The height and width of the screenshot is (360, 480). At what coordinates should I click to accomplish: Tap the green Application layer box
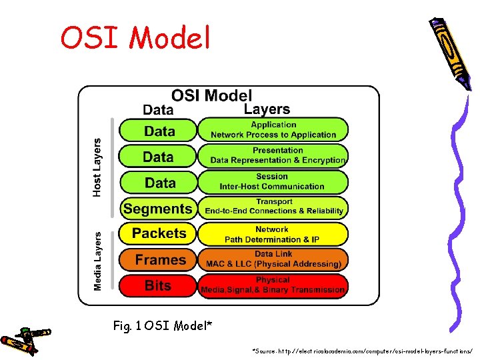[x=273, y=129]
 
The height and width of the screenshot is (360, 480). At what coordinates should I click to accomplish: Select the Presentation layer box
[x=273, y=155]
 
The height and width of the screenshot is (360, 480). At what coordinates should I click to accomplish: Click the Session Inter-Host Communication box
[x=273, y=181]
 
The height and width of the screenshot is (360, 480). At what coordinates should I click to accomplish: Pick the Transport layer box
[x=273, y=207]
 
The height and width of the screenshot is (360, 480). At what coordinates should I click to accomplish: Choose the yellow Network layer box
[x=273, y=234]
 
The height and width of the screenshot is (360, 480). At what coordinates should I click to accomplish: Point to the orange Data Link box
[x=273, y=259]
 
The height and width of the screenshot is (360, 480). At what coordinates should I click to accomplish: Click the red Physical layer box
[x=273, y=285]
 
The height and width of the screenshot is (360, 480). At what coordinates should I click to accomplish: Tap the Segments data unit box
[x=158, y=208]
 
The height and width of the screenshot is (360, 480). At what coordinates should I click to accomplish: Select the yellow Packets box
[x=159, y=233]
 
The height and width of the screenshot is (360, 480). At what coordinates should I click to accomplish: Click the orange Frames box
[x=159, y=259]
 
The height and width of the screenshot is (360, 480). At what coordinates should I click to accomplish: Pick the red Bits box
[x=158, y=285]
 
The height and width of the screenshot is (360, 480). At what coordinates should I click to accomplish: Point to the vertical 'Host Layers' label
[x=97, y=167]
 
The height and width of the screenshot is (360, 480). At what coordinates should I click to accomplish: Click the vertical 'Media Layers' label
[x=97, y=261]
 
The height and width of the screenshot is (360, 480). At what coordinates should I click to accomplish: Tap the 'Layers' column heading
[x=267, y=109]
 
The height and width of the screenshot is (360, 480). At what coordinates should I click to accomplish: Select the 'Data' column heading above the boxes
[x=158, y=110]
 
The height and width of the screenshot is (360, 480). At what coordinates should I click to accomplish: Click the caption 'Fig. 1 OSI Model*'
[x=163, y=326]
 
